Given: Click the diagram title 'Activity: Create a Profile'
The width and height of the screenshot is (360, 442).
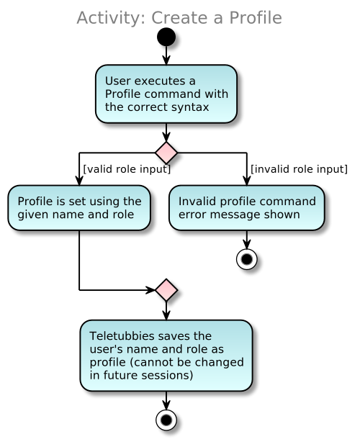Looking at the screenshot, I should coord(179,18).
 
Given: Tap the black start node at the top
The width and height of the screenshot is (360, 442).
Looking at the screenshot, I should coord(166,37).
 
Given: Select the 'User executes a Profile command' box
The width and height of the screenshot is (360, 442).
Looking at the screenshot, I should coord(166,94).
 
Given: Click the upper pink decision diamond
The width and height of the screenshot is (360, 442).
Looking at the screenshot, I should coord(166,153).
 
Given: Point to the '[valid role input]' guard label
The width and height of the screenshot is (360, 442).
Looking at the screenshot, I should coord(127,169).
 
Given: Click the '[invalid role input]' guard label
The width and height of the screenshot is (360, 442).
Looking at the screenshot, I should coord(299,169).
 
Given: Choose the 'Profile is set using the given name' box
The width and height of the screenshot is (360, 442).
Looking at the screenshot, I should coord(79,208).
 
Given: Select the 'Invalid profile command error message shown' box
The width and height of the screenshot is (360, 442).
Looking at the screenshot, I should coord(247,208).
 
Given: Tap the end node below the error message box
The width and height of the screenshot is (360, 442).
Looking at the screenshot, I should coord(247,259).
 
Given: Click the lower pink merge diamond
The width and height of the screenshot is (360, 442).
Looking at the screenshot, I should coord(166,290).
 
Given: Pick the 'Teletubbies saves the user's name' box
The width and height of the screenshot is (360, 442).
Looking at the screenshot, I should coord(166,356).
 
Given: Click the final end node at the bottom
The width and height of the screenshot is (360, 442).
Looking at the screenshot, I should coord(166,418).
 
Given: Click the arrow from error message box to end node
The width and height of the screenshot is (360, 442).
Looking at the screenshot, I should coord(247,239).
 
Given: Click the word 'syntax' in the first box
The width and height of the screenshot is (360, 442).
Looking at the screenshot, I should coord(191,107).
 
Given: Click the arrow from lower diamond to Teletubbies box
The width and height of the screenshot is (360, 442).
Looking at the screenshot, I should coord(166,310).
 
